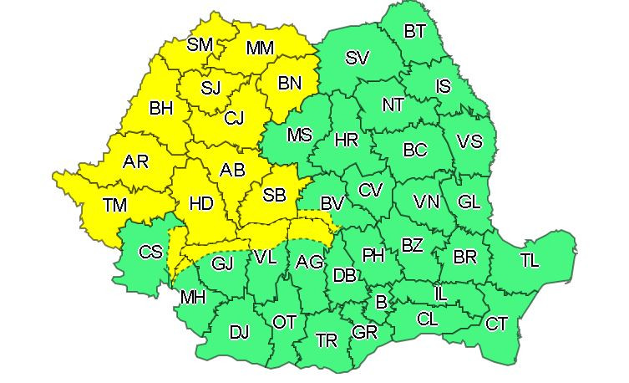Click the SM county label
tap(200, 45)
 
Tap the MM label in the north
tap(261, 49)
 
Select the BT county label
tap(415, 32)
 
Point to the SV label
tap(357, 58)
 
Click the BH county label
tap(161, 108)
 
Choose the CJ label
tap(234, 118)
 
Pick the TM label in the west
tap(114, 204)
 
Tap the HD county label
tap(202, 204)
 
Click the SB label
tap(274, 196)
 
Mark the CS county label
tap(151, 252)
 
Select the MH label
tap(193, 297)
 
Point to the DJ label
tap(239, 333)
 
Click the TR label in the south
tap(327, 340)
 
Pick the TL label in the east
tap(529, 260)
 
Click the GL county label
tap(469, 202)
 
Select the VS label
tap(470, 141)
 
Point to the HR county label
tap(346, 140)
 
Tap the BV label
tap(332, 203)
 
